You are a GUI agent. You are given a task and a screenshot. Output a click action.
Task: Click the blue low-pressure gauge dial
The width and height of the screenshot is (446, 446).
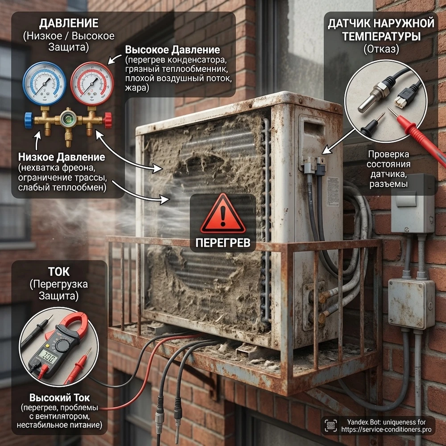(44, 84)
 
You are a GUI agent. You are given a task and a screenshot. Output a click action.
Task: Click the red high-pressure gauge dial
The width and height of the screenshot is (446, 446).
(92, 84)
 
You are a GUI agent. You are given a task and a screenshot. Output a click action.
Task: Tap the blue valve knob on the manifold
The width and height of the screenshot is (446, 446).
(29, 120)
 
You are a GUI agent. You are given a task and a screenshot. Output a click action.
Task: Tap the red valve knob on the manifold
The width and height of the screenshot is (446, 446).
(108, 120)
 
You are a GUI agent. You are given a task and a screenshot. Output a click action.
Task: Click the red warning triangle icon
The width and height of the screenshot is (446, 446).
(223, 214)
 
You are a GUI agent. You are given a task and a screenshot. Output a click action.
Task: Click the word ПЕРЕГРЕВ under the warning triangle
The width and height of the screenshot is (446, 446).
(223, 243)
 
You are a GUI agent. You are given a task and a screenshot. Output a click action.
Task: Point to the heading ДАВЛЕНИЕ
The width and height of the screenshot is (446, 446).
(69, 23)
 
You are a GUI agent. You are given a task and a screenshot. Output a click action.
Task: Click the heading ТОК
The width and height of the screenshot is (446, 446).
(58, 272)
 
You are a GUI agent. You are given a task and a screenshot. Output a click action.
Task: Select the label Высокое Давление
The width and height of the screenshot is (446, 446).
(172, 50)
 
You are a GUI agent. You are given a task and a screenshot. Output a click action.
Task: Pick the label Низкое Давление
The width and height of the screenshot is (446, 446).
(62, 157)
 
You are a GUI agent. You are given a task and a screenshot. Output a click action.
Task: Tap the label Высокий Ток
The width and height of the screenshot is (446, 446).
(59, 397)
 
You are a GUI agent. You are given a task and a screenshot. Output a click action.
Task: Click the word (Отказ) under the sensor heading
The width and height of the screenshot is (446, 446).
(381, 49)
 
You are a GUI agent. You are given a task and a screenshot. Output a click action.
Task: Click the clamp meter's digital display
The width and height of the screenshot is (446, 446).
(48, 356)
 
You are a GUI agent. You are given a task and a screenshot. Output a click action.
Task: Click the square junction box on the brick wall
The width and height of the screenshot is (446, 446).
(411, 303)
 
